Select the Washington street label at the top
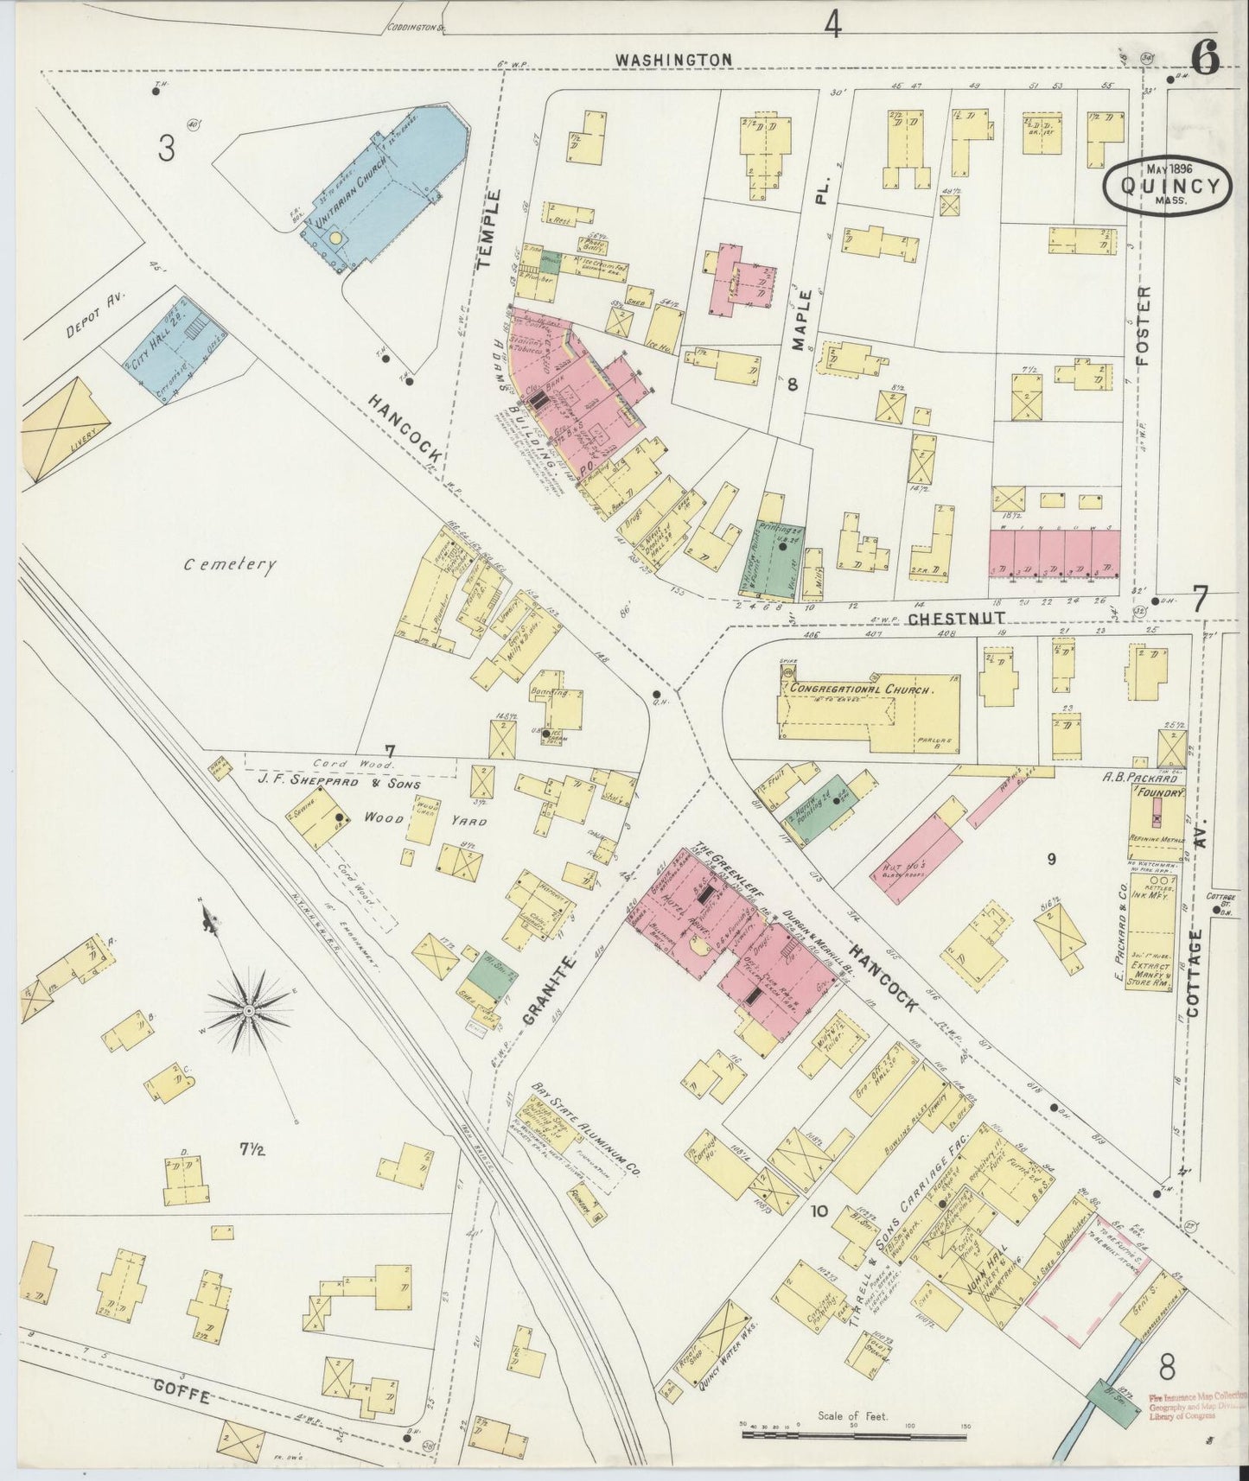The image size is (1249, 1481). coord(673,59)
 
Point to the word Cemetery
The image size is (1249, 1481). coord(230,566)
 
